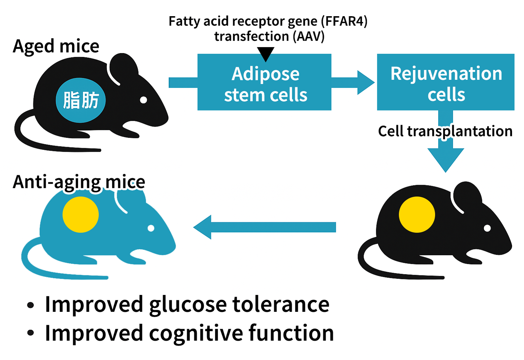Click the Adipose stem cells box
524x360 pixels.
point(264,82)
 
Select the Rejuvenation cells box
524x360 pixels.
point(446,82)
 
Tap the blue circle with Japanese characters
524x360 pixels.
point(81,100)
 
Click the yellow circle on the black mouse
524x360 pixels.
point(417,215)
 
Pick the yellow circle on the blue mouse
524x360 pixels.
point(81,215)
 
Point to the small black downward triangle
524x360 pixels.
point(266,54)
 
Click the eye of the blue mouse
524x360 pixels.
point(151,228)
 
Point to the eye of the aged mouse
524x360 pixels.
point(143,100)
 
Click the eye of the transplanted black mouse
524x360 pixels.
point(487,228)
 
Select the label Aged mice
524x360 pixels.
point(56,46)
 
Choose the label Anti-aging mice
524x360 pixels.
point(79,182)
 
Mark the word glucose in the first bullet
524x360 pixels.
point(188,304)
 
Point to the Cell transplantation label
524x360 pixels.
point(445,131)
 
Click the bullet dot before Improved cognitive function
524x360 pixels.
point(31,333)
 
